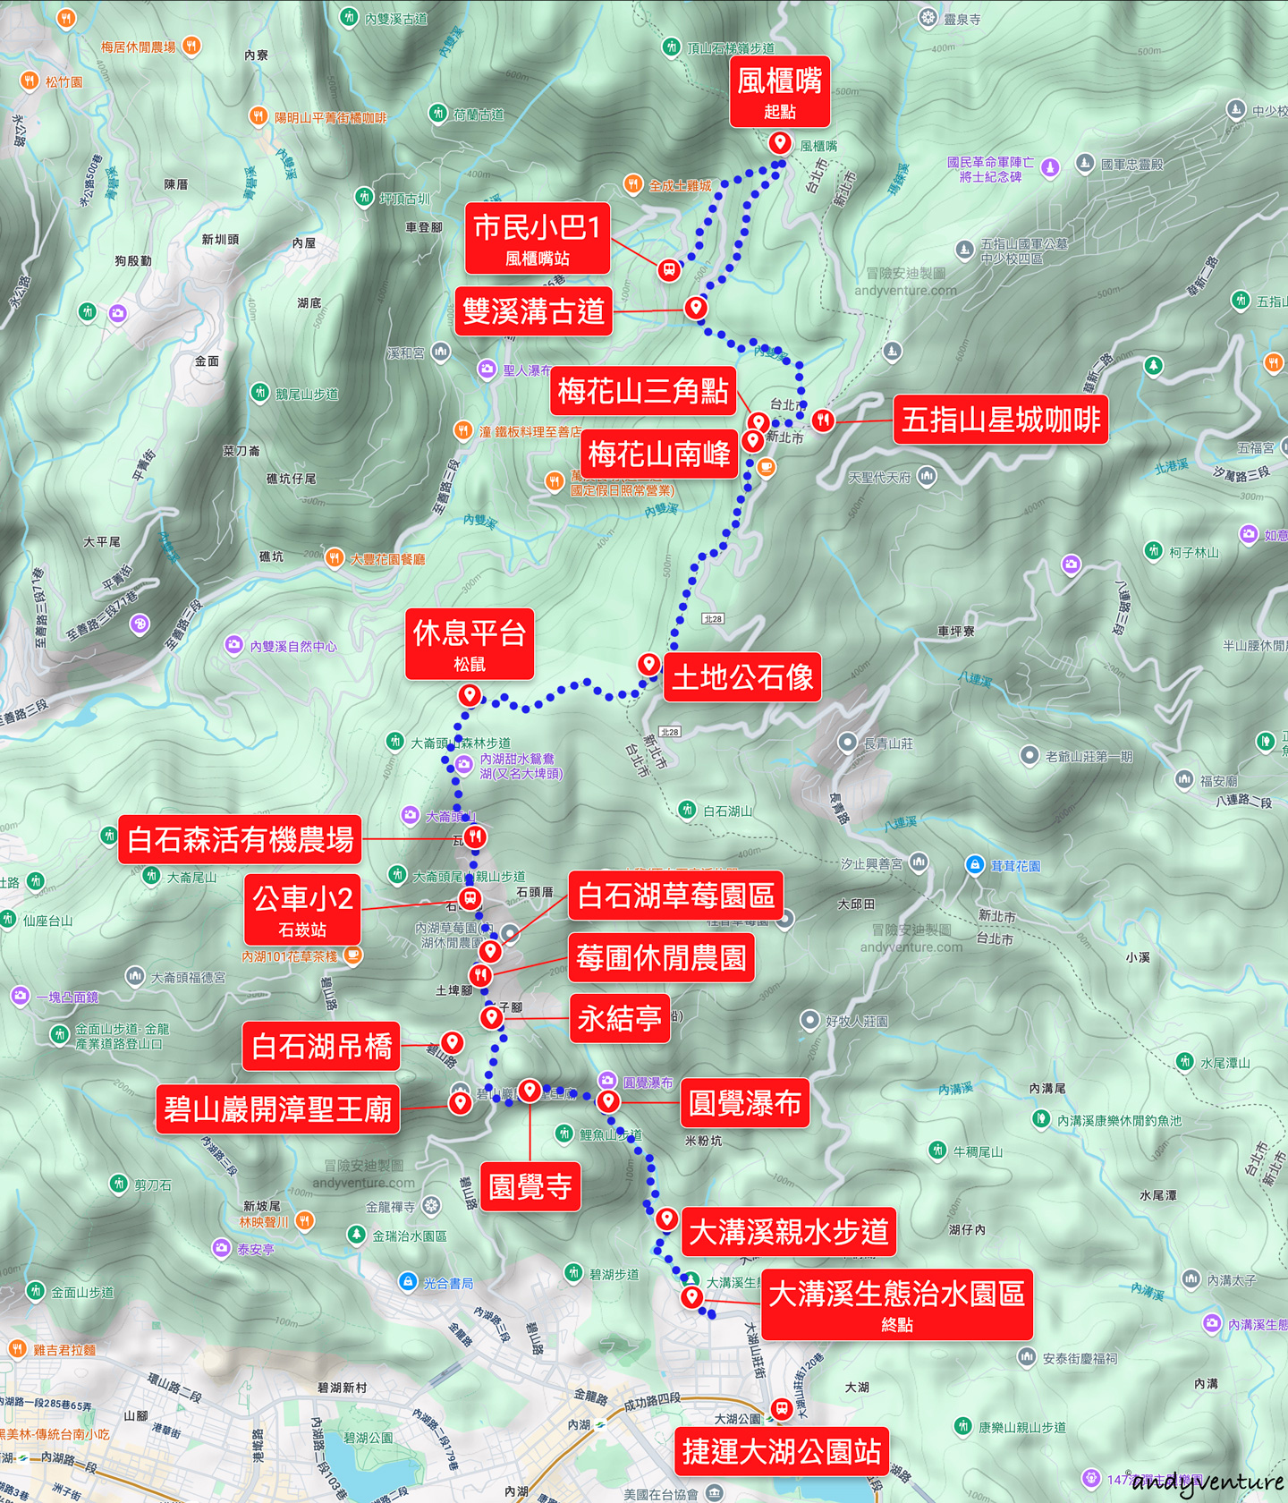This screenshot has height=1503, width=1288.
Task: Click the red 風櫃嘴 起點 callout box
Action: click(779, 92)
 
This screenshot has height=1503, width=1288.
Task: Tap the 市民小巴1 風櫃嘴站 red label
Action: click(537, 238)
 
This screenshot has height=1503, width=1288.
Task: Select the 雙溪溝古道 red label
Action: click(533, 311)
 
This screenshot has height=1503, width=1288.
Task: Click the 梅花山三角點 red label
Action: click(643, 391)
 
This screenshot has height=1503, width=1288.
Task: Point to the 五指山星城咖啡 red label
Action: click(1000, 420)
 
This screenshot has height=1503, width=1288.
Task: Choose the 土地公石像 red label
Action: click(742, 677)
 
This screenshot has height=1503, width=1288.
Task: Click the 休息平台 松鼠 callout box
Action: click(470, 644)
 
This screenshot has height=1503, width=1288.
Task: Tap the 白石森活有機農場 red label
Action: click(240, 839)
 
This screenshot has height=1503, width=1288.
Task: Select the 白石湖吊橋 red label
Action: click(321, 1046)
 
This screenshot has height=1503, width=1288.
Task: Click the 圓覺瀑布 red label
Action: click(744, 1103)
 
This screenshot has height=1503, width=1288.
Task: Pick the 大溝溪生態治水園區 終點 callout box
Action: click(896, 1304)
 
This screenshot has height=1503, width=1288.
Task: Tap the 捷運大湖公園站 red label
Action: click(782, 1451)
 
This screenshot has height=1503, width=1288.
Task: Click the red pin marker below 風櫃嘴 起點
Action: click(779, 142)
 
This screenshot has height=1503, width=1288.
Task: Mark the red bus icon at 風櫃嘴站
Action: click(668, 269)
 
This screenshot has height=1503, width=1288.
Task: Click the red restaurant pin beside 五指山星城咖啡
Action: click(823, 419)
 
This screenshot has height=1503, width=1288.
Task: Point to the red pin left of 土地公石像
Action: click(648, 664)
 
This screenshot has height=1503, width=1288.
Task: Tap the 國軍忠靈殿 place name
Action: click(1131, 165)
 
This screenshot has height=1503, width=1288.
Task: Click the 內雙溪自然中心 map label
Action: click(293, 646)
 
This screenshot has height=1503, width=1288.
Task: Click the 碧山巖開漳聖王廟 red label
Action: click(277, 1109)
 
